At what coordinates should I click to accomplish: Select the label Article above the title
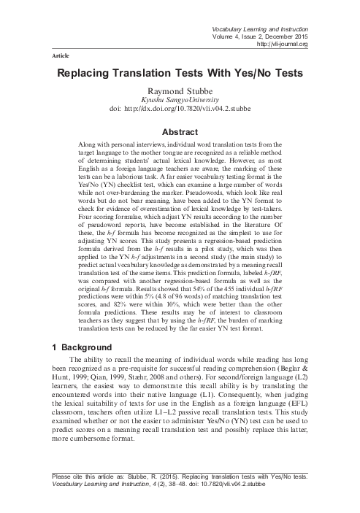pos(59,55)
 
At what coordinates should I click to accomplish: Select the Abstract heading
pos(180,129)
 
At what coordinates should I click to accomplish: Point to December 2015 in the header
pos(284,36)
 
